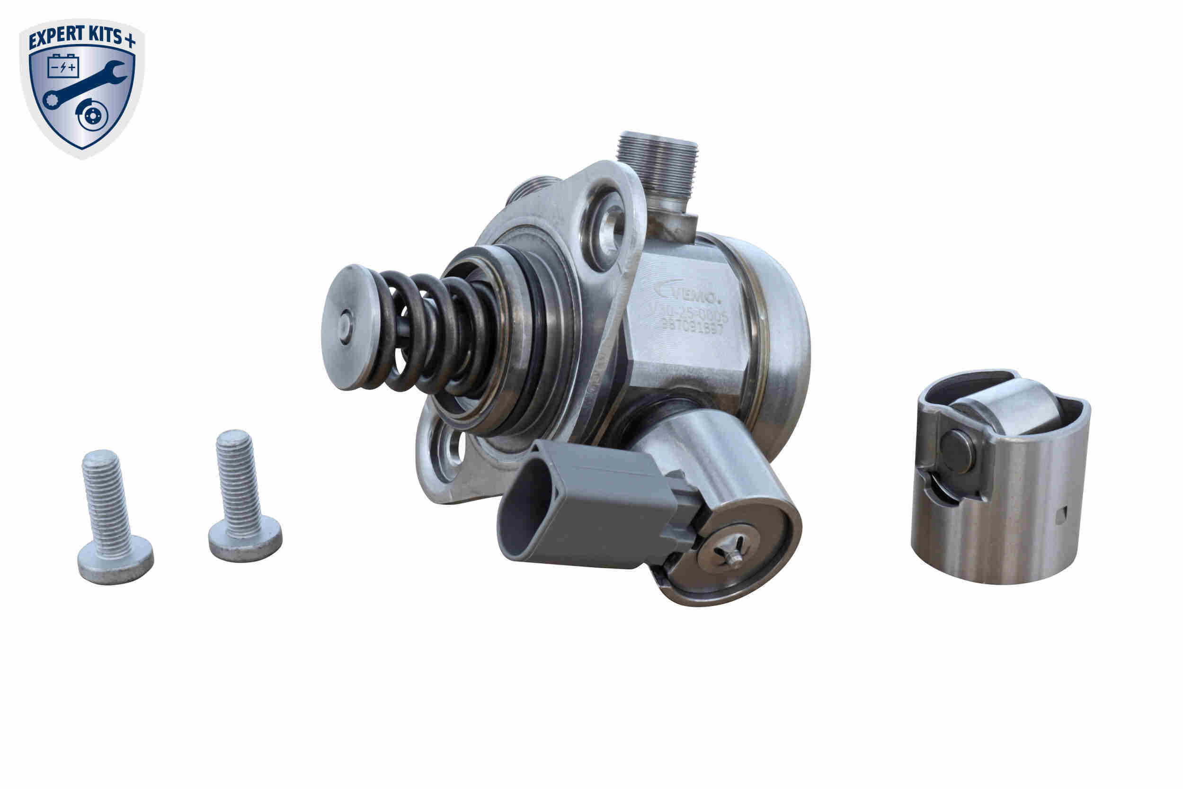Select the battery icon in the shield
click(x=63, y=66)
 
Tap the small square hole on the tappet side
click(x=1061, y=515)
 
